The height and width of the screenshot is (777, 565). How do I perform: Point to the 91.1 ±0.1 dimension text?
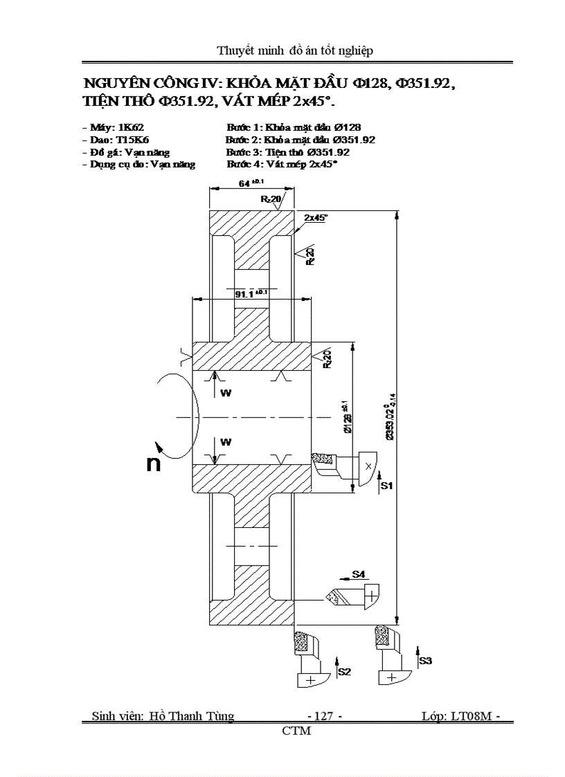click(251, 294)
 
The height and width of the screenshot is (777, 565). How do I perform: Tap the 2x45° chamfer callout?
click(316, 217)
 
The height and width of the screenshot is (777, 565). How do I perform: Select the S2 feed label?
click(344, 671)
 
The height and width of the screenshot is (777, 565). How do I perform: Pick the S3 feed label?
click(425, 661)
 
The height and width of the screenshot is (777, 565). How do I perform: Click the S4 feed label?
click(358, 574)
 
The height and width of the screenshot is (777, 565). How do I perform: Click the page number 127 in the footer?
click(324, 716)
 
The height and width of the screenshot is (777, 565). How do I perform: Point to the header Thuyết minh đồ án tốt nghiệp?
click(296, 51)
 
